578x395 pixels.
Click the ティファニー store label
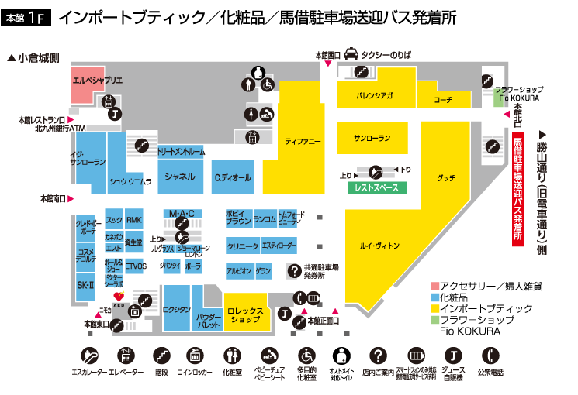point(303,142)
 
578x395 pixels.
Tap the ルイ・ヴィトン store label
point(379,246)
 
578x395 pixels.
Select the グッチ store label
point(445,177)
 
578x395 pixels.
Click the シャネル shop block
point(180,177)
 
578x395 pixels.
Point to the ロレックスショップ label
point(246,314)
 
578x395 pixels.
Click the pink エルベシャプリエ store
point(87,81)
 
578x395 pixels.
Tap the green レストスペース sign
point(376,188)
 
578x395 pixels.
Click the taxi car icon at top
point(351,54)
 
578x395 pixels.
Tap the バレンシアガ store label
point(374,96)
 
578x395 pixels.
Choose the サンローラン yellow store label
point(372,138)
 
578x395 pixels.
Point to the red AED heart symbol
point(119,296)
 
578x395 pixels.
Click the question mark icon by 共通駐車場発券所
point(295,270)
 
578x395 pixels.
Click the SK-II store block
point(85,286)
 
